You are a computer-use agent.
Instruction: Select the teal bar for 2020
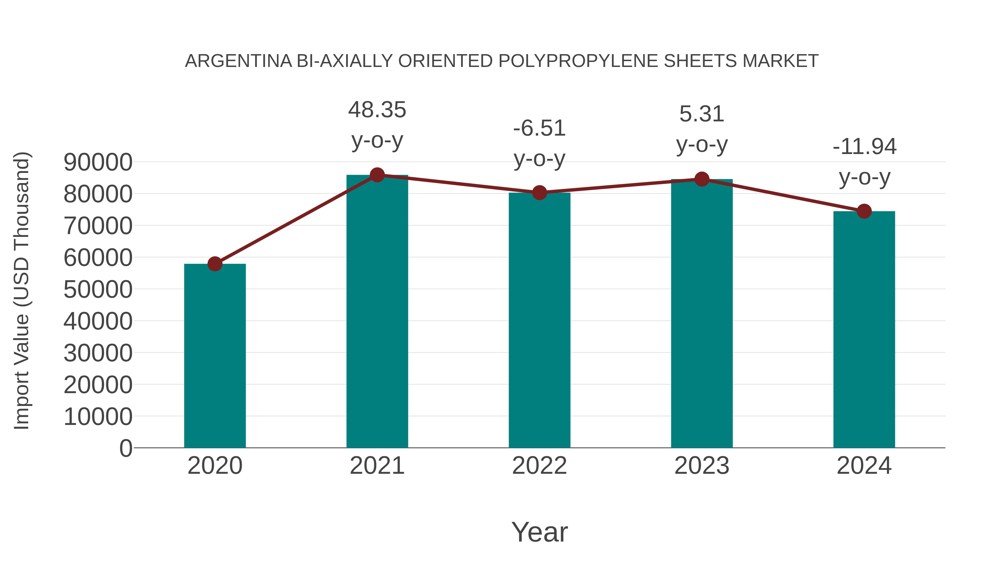215,356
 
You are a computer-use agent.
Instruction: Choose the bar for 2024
864,329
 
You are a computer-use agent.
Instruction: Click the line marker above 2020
215,264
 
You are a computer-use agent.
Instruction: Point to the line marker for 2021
377,175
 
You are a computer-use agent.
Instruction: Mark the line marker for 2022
539,193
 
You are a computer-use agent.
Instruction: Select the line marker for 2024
864,211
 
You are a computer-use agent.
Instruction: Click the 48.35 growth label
377,110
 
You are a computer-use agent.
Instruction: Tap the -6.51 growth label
539,128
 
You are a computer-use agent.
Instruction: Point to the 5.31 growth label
702,114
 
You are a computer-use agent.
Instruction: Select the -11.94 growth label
864,147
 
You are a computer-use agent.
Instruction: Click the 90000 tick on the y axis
98,162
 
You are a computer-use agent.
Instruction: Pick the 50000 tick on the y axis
98,289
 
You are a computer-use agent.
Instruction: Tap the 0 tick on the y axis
126,448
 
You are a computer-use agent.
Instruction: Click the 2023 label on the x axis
702,466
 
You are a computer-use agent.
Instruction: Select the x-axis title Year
539,532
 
